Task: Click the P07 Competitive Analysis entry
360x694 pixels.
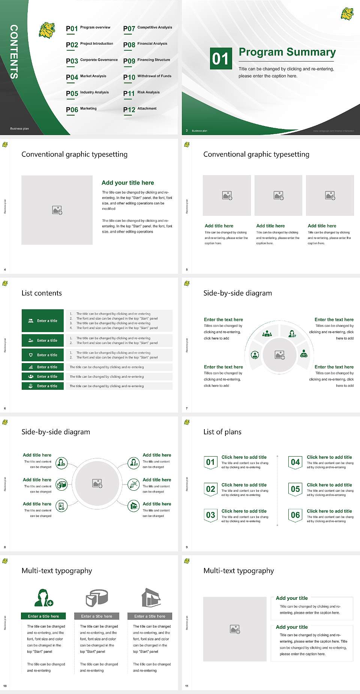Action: pos(147,28)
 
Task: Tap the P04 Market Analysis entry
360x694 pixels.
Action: pos(86,77)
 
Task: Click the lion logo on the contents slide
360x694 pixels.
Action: pos(47,30)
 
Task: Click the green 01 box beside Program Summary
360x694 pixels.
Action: pos(220,59)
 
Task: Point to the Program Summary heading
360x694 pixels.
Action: pos(287,52)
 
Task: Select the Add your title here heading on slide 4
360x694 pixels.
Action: pos(127,183)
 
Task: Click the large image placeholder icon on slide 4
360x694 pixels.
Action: pos(57,210)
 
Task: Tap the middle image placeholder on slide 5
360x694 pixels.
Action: pos(278,195)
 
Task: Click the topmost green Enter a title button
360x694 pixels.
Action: pos(43,321)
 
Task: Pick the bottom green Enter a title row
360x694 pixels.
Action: pos(43,386)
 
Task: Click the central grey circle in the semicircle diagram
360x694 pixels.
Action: pos(279,355)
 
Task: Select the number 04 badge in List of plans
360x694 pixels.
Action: pos(295,463)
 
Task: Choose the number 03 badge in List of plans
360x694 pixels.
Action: pos(210,515)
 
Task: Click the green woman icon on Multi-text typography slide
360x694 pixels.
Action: pos(43,598)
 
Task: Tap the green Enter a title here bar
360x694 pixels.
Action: pos(43,616)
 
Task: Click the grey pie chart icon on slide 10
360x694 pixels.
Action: pos(97,598)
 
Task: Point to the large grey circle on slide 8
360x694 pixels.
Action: pos(97,483)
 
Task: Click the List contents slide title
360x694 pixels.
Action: pos(42,293)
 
